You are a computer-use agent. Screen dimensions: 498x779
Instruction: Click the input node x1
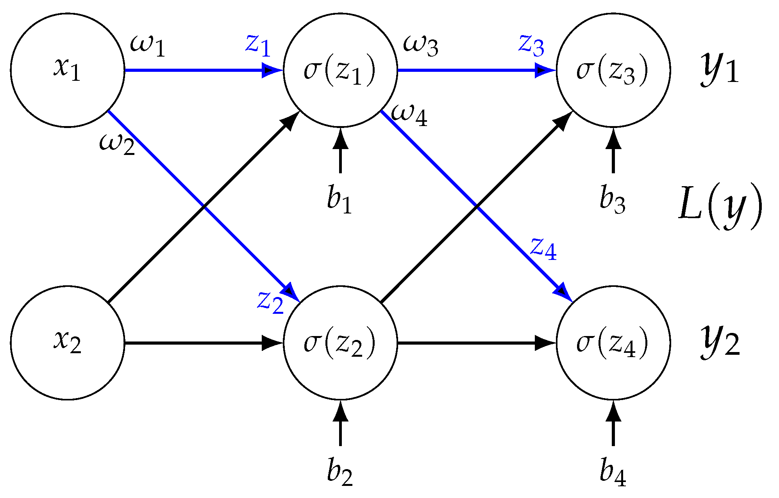click(x=67, y=70)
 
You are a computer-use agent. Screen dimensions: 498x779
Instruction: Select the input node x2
click(x=67, y=343)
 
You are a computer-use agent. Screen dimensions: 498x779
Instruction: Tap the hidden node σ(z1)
click(x=340, y=70)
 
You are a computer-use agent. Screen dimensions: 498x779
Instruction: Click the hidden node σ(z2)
click(x=340, y=343)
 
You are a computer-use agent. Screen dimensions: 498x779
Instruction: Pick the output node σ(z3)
click(x=613, y=70)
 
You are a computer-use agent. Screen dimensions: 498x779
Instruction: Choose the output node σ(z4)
click(x=613, y=343)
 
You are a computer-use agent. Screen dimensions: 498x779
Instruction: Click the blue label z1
click(x=258, y=45)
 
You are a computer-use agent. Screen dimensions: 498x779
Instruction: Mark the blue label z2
click(x=270, y=302)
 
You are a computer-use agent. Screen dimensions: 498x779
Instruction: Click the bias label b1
click(x=339, y=200)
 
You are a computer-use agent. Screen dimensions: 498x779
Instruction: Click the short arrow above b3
click(x=613, y=151)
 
